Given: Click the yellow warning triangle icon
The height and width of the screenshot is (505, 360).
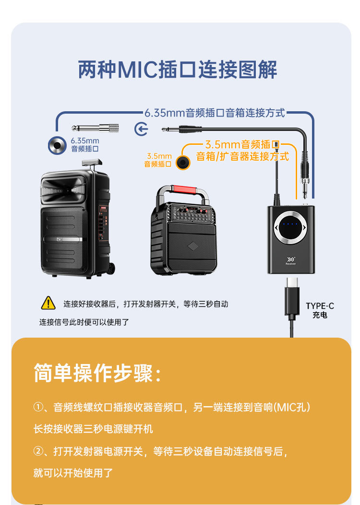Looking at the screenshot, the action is (48, 303).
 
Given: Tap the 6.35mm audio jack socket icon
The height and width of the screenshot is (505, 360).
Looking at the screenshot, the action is (57, 145).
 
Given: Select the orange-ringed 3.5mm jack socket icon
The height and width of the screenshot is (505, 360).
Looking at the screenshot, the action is (183, 162).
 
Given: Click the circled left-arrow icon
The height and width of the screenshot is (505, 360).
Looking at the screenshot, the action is (141, 129).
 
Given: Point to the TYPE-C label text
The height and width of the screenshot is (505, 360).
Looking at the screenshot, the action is (320, 305).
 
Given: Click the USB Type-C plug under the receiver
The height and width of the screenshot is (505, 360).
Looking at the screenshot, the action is (292, 297).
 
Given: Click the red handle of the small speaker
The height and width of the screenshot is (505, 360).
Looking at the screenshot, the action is (183, 189).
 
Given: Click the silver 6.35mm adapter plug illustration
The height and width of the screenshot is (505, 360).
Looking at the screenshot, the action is (95, 128).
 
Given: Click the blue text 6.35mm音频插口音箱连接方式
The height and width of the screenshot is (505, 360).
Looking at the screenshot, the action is (215, 113).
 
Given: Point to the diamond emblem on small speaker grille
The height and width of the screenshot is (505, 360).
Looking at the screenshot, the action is (193, 247).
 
